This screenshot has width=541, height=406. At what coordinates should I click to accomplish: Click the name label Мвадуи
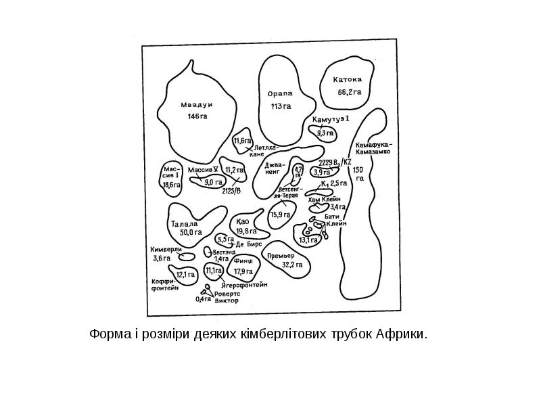point(197,105)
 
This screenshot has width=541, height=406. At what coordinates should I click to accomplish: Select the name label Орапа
point(281,94)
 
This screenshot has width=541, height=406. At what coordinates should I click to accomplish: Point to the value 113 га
point(281,106)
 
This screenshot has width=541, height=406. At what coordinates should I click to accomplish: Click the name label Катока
point(348,79)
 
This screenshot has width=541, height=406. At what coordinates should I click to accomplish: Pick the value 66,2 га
point(349,91)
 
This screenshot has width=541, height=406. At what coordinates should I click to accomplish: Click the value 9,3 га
point(325,133)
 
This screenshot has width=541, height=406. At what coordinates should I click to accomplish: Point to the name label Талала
point(185,224)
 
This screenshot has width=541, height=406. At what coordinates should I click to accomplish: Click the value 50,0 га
point(191,232)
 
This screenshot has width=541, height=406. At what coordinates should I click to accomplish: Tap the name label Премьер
point(279,256)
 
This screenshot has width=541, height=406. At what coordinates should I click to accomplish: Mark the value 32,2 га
point(292,265)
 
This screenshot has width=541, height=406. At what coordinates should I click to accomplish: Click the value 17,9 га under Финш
point(243,271)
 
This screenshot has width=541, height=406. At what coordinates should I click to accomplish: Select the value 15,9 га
point(280,215)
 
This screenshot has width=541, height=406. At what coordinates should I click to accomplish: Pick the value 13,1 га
point(308,240)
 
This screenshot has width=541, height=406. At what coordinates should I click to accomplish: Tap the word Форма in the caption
point(108,334)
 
